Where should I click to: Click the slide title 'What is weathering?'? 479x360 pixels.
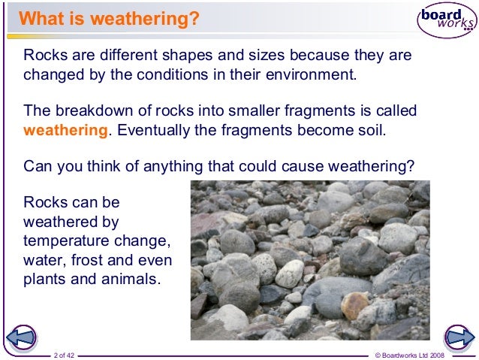coord(109,18)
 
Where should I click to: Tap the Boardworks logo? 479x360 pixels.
coord(447,23)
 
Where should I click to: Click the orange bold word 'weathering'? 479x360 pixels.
coord(66,129)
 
